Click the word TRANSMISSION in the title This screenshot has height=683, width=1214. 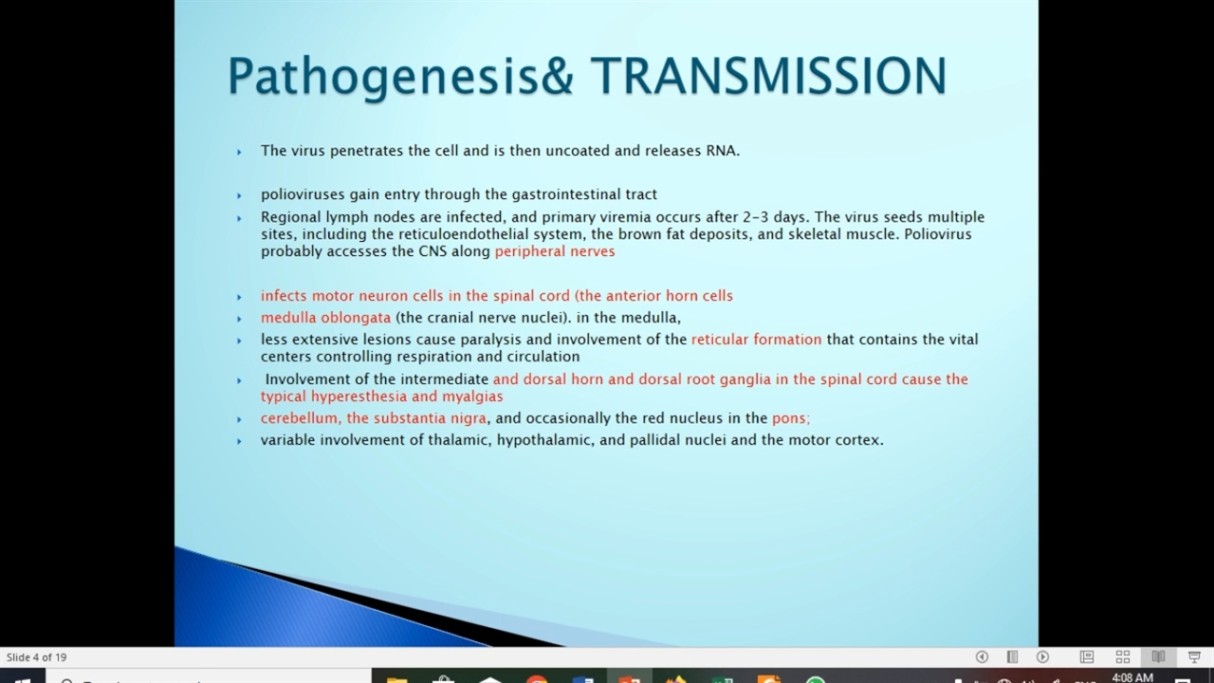(x=769, y=76)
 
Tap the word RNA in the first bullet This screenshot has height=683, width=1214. (x=723, y=151)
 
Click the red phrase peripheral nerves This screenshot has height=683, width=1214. (x=555, y=251)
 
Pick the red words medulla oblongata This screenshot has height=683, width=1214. (x=325, y=317)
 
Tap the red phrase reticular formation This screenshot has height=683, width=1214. (x=757, y=340)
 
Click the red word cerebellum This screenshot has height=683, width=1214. (x=301, y=418)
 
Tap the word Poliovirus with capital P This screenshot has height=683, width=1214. (x=938, y=234)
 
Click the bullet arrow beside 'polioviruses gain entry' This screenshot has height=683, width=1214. (x=239, y=195)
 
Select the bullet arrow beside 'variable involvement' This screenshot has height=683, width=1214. (x=239, y=441)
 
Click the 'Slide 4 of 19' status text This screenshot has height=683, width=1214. (x=36, y=657)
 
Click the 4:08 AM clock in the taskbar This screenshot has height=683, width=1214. (x=1132, y=677)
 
